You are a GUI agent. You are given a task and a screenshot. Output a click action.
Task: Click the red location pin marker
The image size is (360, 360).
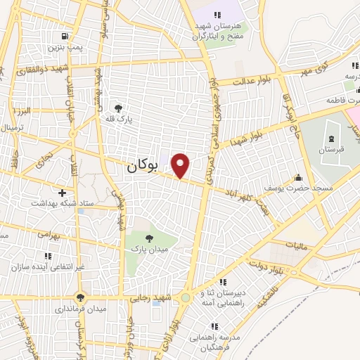point(181,165)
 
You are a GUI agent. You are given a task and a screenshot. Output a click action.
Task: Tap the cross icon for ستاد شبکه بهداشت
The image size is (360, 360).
point(62,192)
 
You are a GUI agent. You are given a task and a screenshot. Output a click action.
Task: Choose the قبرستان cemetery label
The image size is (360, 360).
point(328,150)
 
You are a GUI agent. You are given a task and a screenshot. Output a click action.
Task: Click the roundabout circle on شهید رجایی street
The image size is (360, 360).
point(185,298)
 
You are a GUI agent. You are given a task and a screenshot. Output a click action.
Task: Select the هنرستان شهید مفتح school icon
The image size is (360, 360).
point(217,15)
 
